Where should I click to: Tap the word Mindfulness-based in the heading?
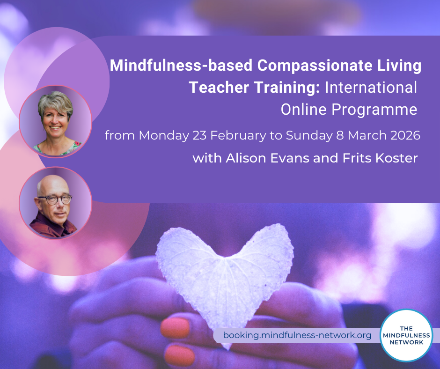coord(181,65)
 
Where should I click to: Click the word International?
coord(371,88)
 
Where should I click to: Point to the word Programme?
coord(374,110)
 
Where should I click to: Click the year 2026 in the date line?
coord(405,135)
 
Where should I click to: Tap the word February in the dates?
coord(238,135)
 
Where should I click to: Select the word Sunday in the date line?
coord(309,136)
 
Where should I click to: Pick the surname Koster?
coord(396,158)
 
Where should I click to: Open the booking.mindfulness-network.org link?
coord(297,335)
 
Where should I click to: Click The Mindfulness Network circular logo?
coord(406,335)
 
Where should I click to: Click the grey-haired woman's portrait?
coord(56,122)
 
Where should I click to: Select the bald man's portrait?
coord(56,203)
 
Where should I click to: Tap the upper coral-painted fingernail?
coord(175,327)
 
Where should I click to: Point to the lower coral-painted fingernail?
coord(180,355)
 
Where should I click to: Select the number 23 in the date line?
coord(199,135)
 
